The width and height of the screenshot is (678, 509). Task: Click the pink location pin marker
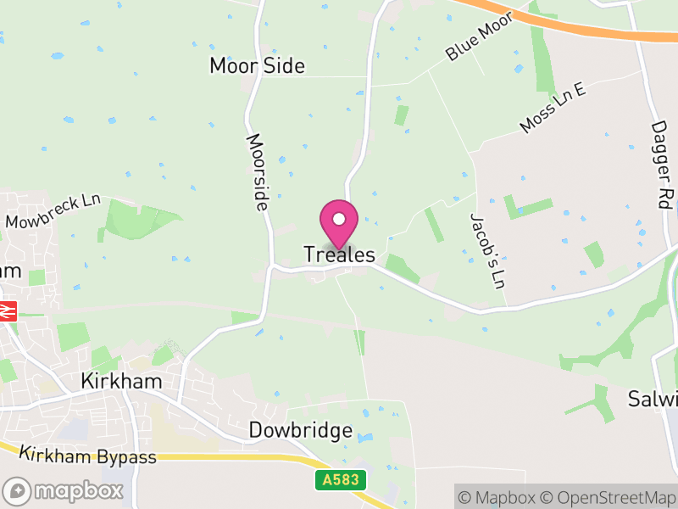click(339, 222)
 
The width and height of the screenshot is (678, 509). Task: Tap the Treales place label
click(339, 255)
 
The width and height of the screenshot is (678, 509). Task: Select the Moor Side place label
click(257, 66)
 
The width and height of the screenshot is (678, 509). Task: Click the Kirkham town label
click(121, 381)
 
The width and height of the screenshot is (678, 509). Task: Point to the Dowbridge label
click(300, 431)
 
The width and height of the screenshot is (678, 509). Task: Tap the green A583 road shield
click(342, 481)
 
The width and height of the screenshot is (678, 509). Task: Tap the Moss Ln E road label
click(553, 108)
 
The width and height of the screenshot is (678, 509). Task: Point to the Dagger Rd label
click(661, 165)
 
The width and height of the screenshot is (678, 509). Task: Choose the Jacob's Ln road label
click(487, 250)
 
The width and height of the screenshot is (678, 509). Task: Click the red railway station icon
click(8, 311)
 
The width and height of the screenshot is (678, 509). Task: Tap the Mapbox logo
click(64, 490)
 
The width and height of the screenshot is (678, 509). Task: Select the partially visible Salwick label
click(653, 399)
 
